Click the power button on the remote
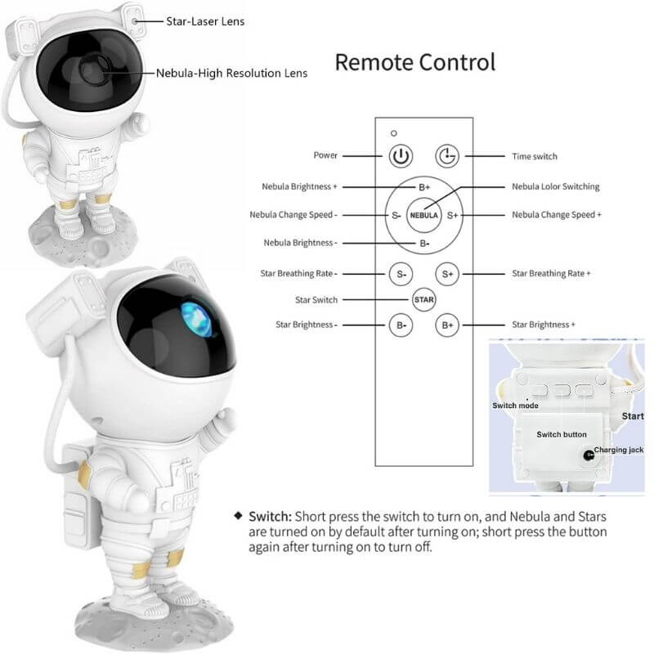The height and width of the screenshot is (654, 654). point(401,156)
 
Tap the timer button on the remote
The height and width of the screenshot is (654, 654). point(447,156)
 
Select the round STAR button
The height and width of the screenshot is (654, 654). point(423,299)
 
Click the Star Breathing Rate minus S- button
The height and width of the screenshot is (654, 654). point(401,274)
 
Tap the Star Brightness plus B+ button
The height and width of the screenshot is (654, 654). point(447,325)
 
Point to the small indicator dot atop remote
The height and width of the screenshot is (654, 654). point(394,133)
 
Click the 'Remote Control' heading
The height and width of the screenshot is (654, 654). point(415,62)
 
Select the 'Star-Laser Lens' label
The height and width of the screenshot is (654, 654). point(205,21)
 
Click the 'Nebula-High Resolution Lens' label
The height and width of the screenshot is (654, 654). point(231,73)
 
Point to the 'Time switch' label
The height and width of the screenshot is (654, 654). point(535,156)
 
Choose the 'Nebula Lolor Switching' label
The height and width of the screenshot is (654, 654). point(556,186)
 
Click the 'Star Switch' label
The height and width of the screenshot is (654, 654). point(316,300)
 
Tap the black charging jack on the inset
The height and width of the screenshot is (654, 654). point(589,455)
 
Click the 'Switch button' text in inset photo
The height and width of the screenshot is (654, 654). point(562,434)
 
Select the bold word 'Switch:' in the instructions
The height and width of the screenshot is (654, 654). point(271,517)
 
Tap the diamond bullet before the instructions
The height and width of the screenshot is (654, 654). point(238,516)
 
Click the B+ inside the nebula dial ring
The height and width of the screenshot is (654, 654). point(424,187)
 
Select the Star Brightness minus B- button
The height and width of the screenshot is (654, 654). point(401,325)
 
